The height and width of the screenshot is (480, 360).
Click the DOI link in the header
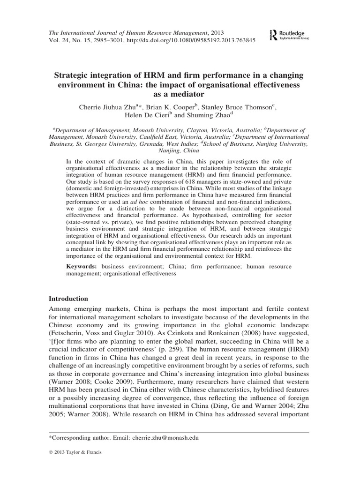click(200, 40)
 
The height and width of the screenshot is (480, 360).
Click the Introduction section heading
click(68, 299)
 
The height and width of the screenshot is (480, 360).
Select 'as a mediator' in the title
click(180, 94)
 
